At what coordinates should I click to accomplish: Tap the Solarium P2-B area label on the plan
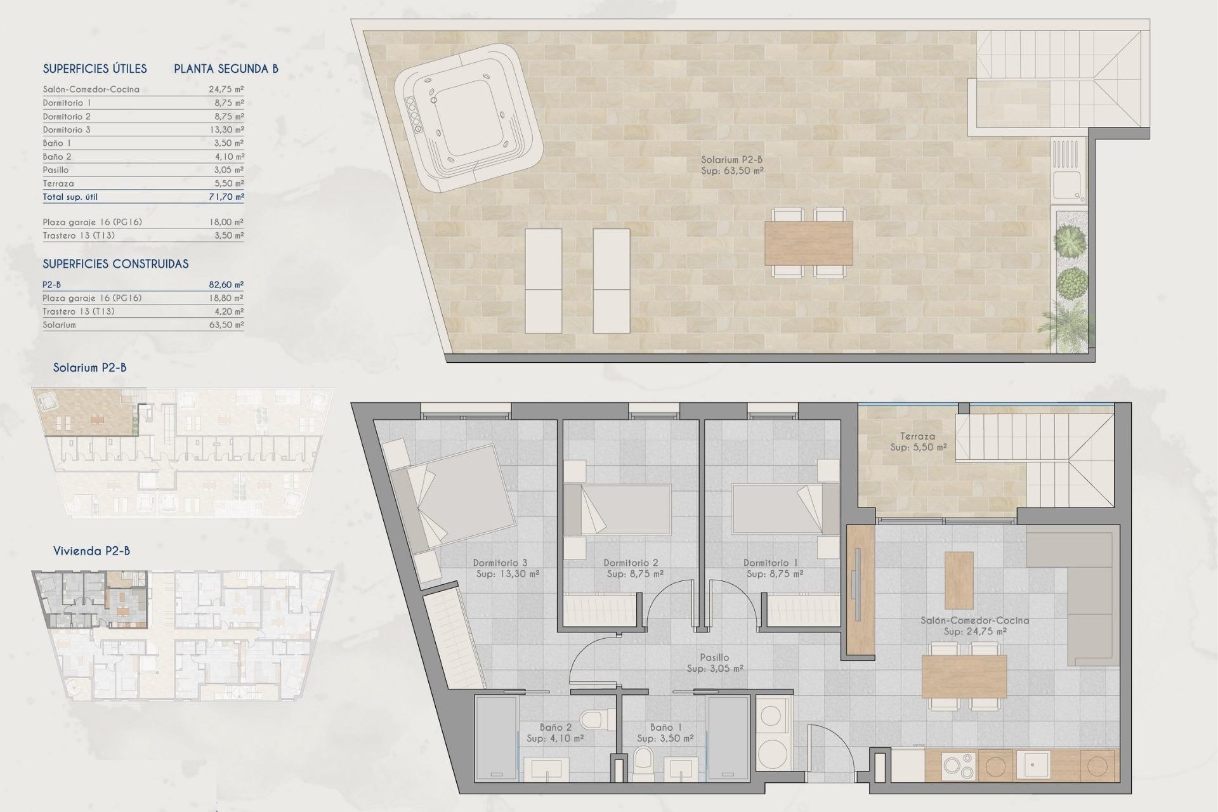[x=731, y=165]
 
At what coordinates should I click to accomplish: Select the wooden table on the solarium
[x=808, y=243]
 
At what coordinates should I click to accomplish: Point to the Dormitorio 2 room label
[x=631, y=563]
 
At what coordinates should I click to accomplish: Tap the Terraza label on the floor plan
[x=917, y=436]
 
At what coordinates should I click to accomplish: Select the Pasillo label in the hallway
[x=714, y=658]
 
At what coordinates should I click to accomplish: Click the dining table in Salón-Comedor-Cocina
[x=964, y=676]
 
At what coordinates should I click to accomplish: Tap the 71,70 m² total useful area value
[x=226, y=197]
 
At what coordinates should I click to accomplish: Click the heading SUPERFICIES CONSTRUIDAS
[x=115, y=264]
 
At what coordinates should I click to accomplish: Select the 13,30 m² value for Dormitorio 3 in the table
[x=226, y=129]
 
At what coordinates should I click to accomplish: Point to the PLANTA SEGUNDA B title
[x=226, y=69]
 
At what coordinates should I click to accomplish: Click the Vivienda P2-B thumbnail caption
[x=91, y=551]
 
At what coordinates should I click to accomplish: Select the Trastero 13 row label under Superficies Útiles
[x=79, y=235]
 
